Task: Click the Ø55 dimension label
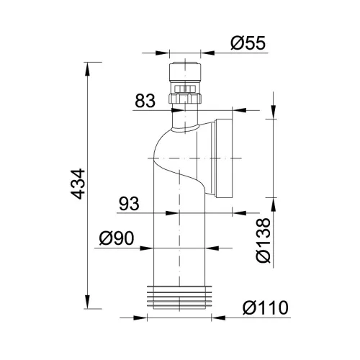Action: coord(248,43)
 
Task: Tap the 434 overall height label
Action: coord(78,184)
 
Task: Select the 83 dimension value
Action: coord(145,101)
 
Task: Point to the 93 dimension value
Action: coord(129,204)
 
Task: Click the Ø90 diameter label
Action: coord(117,238)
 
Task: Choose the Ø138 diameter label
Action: coord(264,240)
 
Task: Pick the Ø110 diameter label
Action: coord(266,307)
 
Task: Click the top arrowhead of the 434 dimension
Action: coord(87,69)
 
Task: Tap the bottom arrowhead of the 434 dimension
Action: coord(87,302)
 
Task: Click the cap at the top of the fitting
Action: coord(185,72)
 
